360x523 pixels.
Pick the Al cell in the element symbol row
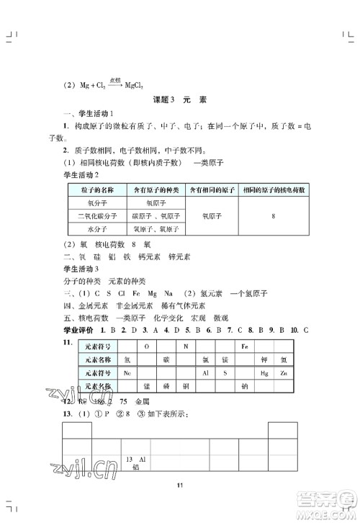(205, 372)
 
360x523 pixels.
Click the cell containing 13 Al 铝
(136, 462)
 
